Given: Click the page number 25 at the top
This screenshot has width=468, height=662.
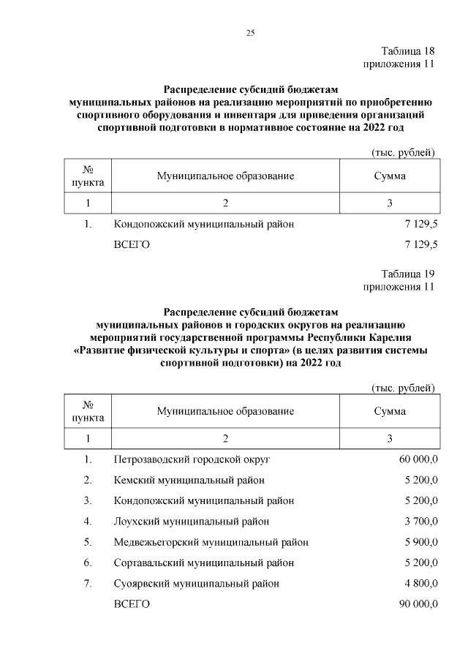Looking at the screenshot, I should click(x=249, y=33).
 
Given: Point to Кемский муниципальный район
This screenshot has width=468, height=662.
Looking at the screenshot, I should click(x=189, y=480).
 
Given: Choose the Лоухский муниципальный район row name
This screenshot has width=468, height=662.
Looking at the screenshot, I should click(x=192, y=522).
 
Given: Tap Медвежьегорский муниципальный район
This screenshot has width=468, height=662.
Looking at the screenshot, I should click(x=211, y=542).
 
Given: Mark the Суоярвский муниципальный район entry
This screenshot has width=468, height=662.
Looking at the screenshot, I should click(x=197, y=584).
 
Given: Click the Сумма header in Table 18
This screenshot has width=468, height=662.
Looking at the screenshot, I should click(x=390, y=176).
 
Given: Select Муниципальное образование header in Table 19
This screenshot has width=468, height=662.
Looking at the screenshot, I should click(x=225, y=411).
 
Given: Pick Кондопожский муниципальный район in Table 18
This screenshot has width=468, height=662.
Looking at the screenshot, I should click(x=204, y=224).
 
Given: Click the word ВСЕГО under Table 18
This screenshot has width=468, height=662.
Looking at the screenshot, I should click(x=132, y=244).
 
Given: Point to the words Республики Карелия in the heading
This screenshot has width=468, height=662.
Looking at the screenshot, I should click(x=360, y=338).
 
